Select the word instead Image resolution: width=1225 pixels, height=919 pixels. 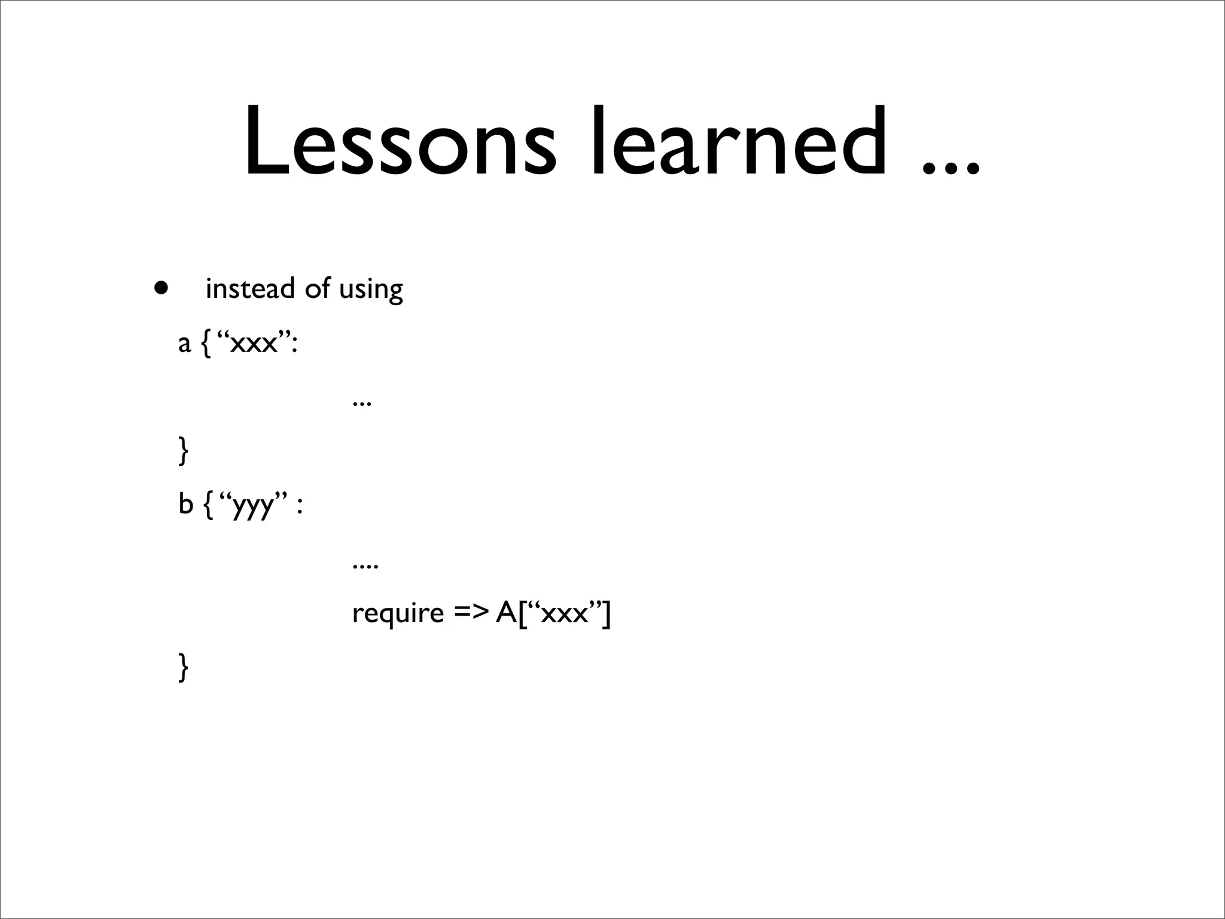250,288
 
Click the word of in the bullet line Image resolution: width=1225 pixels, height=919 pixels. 317,288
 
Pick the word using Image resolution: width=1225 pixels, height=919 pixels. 371,290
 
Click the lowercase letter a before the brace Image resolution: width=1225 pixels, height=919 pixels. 184,344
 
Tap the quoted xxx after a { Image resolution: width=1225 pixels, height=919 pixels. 254,344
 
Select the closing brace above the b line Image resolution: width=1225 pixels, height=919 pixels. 184,451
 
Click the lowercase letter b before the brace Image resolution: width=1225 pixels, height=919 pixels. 185,504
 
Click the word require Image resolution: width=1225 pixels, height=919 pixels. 398,614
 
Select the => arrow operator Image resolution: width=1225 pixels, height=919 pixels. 470,613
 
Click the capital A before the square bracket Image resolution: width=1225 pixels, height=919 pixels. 506,613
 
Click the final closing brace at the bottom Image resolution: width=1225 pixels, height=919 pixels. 184,667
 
